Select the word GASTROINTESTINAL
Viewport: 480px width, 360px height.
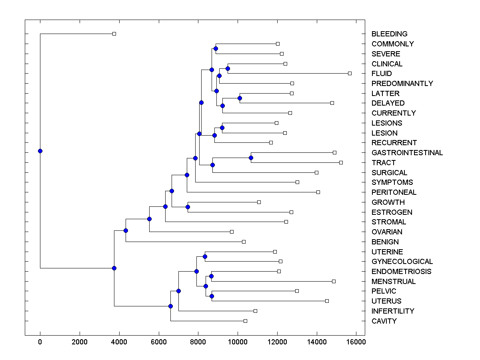tap(407, 153)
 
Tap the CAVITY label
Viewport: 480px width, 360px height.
tap(384, 321)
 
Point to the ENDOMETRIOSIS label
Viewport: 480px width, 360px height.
tap(401, 272)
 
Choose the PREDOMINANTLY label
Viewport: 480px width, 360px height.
tap(402, 84)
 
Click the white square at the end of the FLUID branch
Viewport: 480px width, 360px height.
tap(350, 73)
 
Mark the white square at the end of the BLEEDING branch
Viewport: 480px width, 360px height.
tap(114, 34)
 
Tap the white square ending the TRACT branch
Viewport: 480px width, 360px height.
tap(341, 162)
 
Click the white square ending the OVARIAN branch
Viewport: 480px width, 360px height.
tap(232, 232)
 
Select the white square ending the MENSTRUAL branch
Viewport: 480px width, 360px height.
tap(334, 281)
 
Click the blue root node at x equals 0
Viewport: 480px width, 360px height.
tap(40, 151)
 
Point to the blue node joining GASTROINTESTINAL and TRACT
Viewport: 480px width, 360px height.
tap(251, 158)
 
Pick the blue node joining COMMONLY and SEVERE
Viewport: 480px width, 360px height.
tap(216, 48)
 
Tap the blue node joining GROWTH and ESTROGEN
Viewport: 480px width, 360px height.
tap(188, 207)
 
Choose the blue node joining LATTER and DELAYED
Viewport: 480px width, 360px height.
tap(240, 98)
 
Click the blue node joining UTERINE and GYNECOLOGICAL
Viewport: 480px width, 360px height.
tap(205, 256)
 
